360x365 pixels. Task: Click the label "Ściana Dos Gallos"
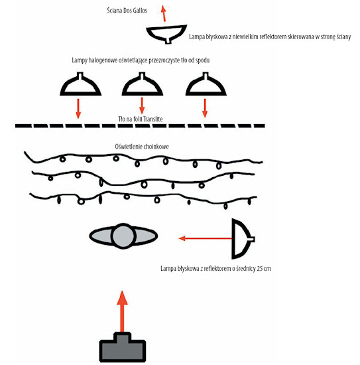click(127, 11)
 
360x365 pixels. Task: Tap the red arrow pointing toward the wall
click(164, 14)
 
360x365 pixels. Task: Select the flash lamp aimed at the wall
click(166, 34)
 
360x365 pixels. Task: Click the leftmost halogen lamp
click(80, 84)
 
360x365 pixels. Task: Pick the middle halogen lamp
click(143, 84)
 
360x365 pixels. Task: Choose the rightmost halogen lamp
click(206, 84)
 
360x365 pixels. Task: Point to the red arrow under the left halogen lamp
click(78, 109)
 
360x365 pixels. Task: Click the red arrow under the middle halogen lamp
click(142, 106)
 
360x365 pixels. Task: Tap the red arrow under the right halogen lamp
click(205, 108)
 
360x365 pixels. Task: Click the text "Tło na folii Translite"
click(141, 119)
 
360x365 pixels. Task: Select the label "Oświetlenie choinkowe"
click(142, 147)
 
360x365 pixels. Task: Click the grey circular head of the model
click(123, 236)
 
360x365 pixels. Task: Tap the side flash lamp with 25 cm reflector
click(242, 239)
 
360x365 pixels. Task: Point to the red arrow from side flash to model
click(205, 238)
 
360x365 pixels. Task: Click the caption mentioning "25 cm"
click(215, 268)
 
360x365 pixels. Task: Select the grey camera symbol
click(123, 347)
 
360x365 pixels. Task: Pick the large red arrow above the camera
click(122, 311)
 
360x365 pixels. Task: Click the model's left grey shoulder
click(101, 236)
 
